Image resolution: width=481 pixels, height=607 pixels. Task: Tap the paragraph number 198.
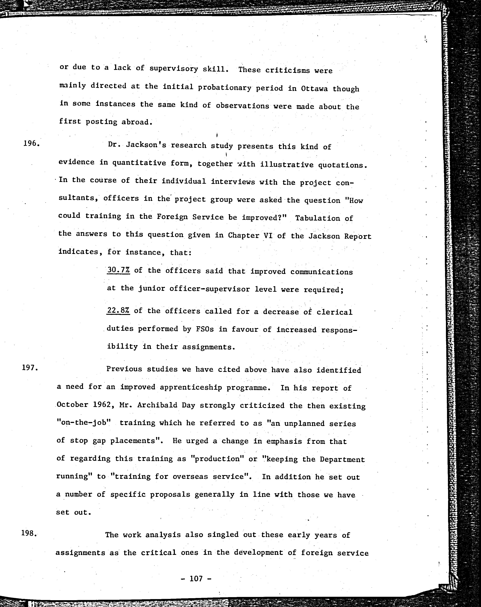tap(29, 533)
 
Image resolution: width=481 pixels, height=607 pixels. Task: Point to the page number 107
tap(196, 579)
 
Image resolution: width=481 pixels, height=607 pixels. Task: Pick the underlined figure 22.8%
tap(118, 311)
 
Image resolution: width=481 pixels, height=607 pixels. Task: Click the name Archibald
tap(152, 405)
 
